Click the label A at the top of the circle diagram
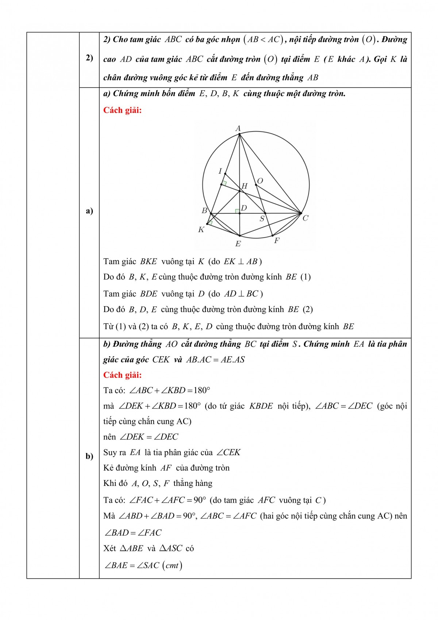pos(238,128)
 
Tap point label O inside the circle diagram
pos(260,181)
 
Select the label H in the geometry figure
pos(245,186)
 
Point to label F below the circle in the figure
pos(277,240)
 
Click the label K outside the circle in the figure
pos(201,230)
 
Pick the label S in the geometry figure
pos(262,219)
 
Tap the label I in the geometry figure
pos(220,171)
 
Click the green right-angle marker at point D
pos(237,211)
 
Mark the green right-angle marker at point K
pos(210,222)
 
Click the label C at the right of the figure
pos(306,218)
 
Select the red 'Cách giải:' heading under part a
pos(122,110)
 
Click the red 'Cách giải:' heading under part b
pos(122,375)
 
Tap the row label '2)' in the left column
pos(89,58)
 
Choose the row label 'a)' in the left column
pos(89,211)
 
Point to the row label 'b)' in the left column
pos(89,456)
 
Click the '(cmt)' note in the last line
pos(172,565)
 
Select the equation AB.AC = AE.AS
pos(215,360)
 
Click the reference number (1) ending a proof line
pos(306,277)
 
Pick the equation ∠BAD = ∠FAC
pos(133,533)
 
